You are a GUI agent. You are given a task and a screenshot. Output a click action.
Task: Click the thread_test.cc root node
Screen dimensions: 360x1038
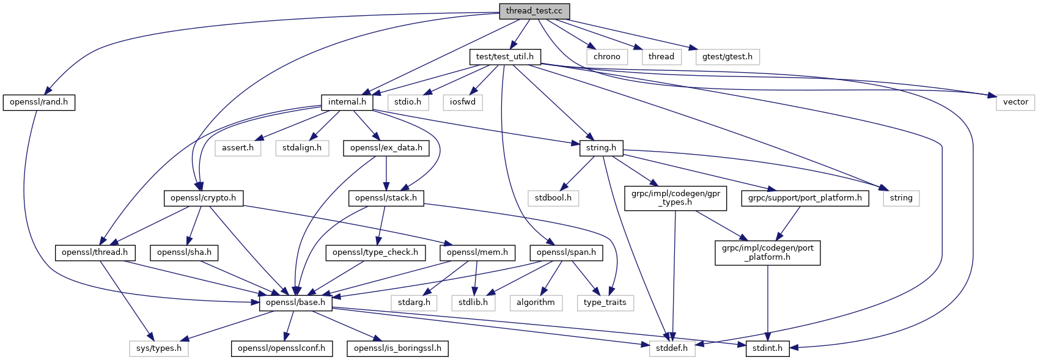534,11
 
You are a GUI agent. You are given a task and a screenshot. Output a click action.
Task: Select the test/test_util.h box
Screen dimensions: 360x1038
504,57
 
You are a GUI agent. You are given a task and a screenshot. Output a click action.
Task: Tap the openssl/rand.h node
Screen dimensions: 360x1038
39,102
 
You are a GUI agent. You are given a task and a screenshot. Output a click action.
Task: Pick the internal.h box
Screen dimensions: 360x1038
347,102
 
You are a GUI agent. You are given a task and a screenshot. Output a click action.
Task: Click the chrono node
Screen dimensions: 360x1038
606,57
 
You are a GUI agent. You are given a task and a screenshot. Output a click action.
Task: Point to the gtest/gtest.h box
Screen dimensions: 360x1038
727,57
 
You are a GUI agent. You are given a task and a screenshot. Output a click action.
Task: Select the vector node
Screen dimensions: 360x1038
1015,102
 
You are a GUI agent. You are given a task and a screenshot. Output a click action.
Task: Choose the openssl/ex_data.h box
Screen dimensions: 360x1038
386,148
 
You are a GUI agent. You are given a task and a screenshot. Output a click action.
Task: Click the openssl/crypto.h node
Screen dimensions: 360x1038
203,198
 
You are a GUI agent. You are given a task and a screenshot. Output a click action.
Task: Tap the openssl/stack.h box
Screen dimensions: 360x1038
386,198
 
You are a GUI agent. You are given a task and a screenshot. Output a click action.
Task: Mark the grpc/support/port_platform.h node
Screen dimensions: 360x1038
804,198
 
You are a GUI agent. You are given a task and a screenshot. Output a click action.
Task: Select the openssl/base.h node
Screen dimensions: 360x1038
296,303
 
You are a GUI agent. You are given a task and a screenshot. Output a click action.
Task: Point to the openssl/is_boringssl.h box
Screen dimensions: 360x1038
397,348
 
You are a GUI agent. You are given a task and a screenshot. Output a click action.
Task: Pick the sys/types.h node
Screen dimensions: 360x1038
159,348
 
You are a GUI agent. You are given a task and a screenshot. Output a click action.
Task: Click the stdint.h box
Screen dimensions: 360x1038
767,348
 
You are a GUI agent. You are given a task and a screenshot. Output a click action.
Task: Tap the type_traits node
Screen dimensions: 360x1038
605,303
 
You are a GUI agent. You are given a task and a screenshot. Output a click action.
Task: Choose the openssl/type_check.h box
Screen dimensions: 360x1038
375,252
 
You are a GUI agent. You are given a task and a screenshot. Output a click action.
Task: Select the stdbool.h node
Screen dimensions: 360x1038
553,198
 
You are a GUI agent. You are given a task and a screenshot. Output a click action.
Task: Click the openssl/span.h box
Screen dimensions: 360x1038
566,252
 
